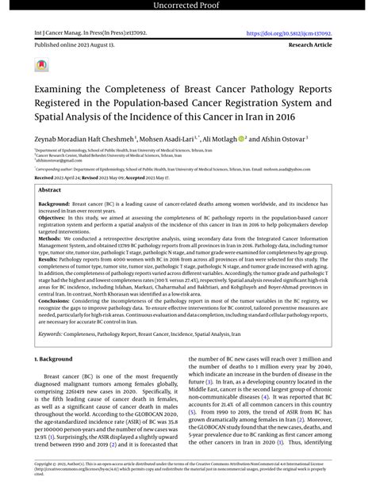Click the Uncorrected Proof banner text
coord(188,6)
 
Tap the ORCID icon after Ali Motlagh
coord(240,138)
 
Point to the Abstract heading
coord(50,191)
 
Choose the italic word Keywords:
coord(53,357)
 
